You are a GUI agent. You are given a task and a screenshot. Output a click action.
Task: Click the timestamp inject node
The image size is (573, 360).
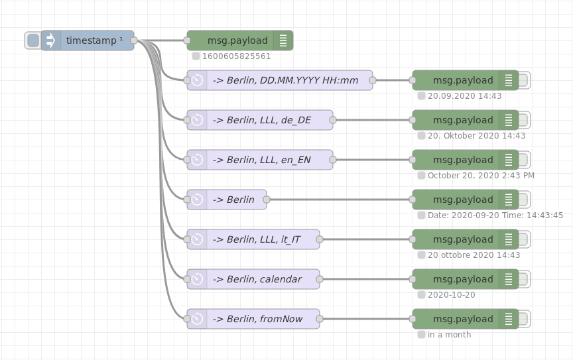pyautogui.click(x=93, y=40)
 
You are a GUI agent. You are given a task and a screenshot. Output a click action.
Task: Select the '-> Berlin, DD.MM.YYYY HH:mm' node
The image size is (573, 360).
pyautogui.click(x=285, y=80)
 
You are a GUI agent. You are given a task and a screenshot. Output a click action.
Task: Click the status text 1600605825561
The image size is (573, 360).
pyautogui.click(x=236, y=56)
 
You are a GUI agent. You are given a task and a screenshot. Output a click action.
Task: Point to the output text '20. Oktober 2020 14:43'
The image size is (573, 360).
pyautogui.click(x=476, y=136)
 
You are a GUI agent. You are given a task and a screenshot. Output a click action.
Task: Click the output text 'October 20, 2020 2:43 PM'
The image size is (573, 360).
pyautogui.click(x=481, y=176)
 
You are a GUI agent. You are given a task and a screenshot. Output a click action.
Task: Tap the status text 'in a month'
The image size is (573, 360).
pyautogui.click(x=449, y=335)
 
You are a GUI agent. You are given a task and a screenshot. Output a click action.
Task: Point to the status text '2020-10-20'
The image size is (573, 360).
pyautogui.click(x=451, y=295)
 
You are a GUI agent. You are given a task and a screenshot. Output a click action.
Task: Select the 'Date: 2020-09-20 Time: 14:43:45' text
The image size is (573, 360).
pyautogui.click(x=495, y=215)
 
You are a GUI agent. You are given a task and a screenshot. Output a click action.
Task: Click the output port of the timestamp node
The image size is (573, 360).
pyautogui.click(x=134, y=40)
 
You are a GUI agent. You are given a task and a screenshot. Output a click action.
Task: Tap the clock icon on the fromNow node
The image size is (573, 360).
pyautogui.click(x=197, y=319)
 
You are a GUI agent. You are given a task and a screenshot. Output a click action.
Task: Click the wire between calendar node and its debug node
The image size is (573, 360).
pyautogui.click(x=365, y=279)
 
